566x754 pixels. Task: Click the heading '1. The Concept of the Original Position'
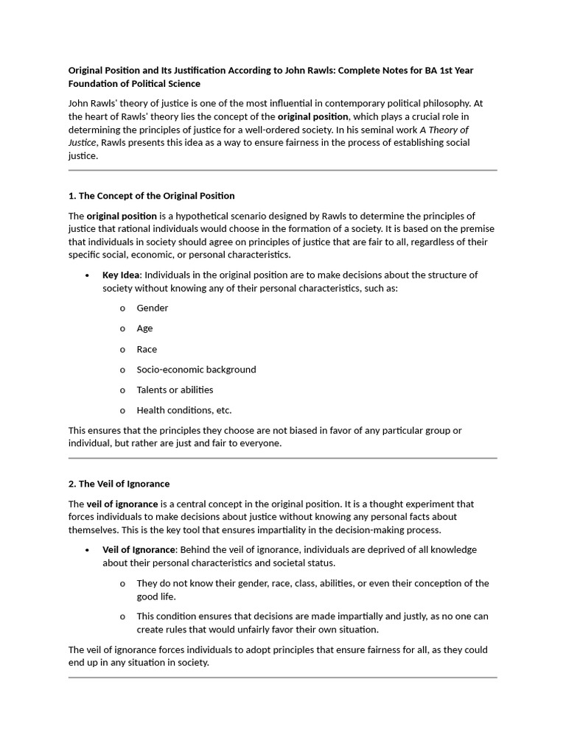151,196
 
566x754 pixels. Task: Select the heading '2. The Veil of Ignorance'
119,484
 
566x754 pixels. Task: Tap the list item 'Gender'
152,308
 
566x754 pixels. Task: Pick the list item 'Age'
144,328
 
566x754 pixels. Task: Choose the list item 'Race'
147,349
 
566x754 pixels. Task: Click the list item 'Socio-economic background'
196,370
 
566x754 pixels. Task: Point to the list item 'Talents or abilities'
175,390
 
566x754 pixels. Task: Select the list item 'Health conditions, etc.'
184,410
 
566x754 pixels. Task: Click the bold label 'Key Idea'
121,275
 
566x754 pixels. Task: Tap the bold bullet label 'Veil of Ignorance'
139,549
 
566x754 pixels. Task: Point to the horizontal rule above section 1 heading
282,170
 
